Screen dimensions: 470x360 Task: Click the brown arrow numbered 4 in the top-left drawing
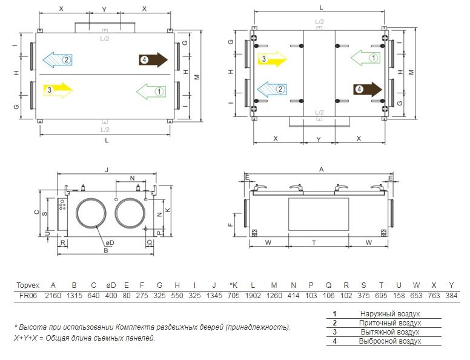(x=153, y=60)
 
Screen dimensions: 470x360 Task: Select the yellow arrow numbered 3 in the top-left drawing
(x=58, y=90)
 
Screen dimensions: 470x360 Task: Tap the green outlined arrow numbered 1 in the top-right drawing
(x=366, y=58)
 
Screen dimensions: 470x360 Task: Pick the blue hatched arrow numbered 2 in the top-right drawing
(x=272, y=89)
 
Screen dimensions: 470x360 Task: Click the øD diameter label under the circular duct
(x=110, y=242)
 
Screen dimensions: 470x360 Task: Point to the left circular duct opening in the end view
(x=91, y=212)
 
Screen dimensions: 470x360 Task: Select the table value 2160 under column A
(x=53, y=296)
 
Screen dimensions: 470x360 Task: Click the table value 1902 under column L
(x=253, y=296)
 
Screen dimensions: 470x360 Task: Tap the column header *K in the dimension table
(x=234, y=285)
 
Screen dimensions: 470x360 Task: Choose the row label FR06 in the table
(x=28, y=296)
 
